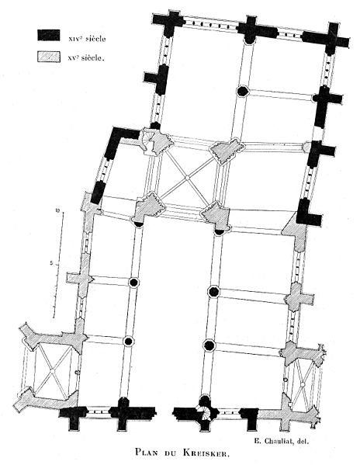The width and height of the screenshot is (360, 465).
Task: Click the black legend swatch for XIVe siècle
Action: click(x=49, y=35)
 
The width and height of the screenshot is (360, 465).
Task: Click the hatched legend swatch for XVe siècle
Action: click(x=49, y=57)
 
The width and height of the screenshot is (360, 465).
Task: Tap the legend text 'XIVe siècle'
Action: click(x=87, y=39)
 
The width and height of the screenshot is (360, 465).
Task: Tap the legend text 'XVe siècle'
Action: click(x=86, y=58)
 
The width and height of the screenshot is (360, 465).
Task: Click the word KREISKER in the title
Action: click(x=206, y=453)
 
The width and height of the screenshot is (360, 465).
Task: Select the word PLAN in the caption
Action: click(x=147, y=453)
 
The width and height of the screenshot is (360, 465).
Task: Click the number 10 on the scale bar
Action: click(x=58, y=211)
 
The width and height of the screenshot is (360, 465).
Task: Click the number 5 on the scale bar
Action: click(x=52, y=262)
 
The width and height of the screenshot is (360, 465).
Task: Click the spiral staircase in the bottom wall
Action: click(x=205, y=412)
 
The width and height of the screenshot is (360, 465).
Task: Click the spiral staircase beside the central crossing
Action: click(x=148, y=142)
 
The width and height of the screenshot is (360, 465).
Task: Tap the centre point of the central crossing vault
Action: click(x=187, y=178)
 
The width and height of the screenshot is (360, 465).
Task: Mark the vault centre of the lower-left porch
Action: click(x=53, y=370)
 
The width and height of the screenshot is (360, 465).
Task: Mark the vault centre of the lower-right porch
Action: click(x=303, y=384)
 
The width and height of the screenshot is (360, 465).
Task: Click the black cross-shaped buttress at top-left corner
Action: click(x=168, y=23)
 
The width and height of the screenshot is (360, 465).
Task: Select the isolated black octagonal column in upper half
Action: click(x=243, y=91)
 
